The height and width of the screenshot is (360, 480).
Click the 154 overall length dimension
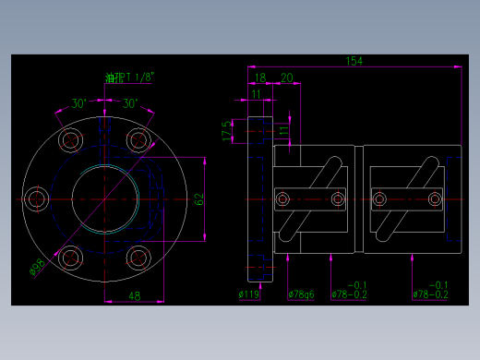tap(354, 61)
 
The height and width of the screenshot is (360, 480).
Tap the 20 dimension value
tap(286, 78)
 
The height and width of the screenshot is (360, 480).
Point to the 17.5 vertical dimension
tap(226, 131)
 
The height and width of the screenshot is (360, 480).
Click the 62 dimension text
tap(198, 198)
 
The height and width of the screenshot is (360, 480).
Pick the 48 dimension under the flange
tap(134, 295)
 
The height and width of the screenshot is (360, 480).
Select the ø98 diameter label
tap(37, 267)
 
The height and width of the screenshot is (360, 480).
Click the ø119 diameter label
tap(248, 294)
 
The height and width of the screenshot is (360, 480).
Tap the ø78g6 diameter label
tap(301, 294)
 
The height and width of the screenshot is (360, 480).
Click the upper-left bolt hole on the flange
tap(71, 140)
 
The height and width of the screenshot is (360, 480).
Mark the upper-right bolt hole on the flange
tap(138, 140)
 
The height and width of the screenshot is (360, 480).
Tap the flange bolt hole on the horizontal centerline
tap(37, 198)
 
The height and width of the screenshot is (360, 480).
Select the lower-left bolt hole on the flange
tap(71, 257)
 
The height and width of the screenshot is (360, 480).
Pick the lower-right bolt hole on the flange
tap(138, 257)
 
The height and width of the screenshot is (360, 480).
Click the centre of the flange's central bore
tap(104, 198)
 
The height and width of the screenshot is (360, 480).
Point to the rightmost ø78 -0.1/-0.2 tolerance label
tap(431, 290)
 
